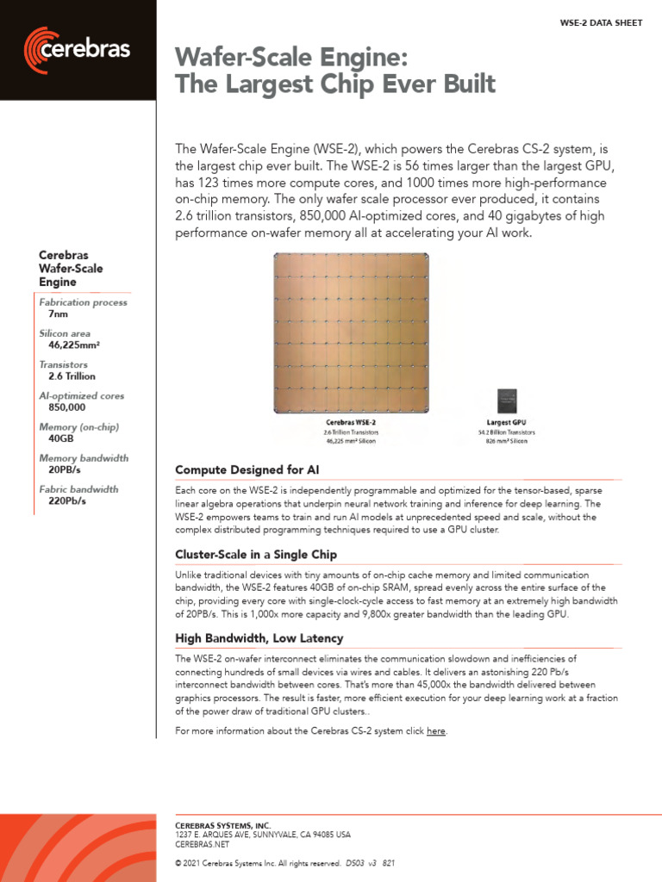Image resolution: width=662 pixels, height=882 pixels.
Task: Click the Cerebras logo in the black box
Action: pos(78,50)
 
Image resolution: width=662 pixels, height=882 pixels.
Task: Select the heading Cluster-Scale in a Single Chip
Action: pos(256,554)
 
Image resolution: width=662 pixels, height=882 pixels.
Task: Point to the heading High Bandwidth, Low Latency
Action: pos(259,638)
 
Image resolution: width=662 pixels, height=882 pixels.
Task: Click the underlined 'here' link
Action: pos(436,730)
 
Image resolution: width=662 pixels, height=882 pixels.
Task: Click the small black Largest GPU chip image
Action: pos(506,401)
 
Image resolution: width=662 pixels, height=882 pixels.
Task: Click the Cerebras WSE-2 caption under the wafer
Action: pos(351,423)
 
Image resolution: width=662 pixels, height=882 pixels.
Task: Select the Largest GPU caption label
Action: pos(506,423)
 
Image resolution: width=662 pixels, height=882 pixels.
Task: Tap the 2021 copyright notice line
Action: pos(284,863)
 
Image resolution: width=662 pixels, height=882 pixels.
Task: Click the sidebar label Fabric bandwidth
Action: pos(78,489)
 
